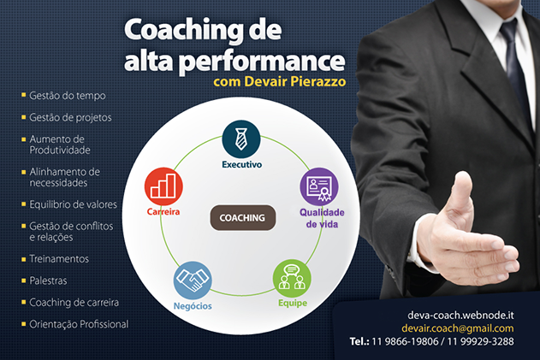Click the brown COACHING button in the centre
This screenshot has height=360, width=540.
click(x=243, y=218)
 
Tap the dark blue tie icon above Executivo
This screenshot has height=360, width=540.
click(x=241, y=139)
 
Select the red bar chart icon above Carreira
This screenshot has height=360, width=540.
click(x=163, y=186)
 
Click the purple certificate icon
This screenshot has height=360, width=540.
click(x=319, y=186)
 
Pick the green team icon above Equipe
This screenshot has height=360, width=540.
click(x=292, y=279)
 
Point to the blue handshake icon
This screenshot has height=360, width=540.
click(x=193, y=280)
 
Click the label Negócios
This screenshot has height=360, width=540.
click(x=193, y=306)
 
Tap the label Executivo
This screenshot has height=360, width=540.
click(x=242, y=164)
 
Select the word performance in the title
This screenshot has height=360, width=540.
click(x=262, y=62)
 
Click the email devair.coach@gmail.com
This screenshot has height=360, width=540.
click(x=458, y=328)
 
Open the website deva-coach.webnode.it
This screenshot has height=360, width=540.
click(x=460, y=315)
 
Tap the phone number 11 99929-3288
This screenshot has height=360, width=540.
click(x=480, y=341)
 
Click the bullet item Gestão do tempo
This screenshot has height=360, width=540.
click(x=68, y=95)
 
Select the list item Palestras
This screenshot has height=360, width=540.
click(x=48, y=280)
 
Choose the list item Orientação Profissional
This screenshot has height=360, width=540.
click(x=79, y=324)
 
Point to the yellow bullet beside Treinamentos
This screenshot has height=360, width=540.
click(x=24, y=259)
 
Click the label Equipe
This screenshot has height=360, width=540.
click(x=293, y=304)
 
